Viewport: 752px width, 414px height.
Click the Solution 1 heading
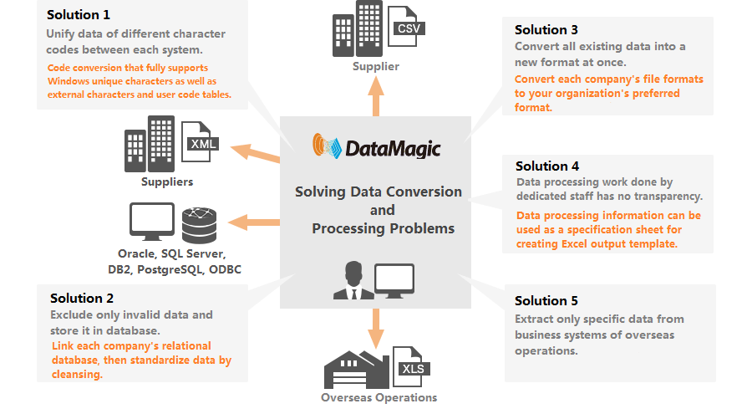79,15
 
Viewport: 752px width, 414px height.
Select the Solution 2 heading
82,298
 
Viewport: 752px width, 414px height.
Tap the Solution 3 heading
546,30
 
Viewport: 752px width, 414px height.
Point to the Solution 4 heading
547,166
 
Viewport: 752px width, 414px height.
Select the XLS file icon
412,367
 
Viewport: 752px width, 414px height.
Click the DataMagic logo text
393,149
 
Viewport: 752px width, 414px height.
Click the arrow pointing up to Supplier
375,98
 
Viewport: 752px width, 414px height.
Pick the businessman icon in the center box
351,281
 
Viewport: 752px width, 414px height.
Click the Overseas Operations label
379,397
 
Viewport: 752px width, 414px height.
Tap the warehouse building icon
354,368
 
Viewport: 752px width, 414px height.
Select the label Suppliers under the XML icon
166,181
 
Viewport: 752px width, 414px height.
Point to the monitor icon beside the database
151,222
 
